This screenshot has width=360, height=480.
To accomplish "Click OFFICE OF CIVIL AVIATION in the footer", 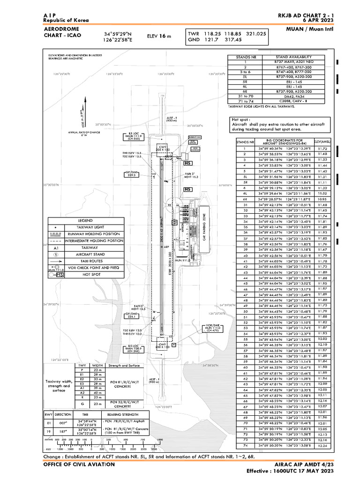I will point(79,464).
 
